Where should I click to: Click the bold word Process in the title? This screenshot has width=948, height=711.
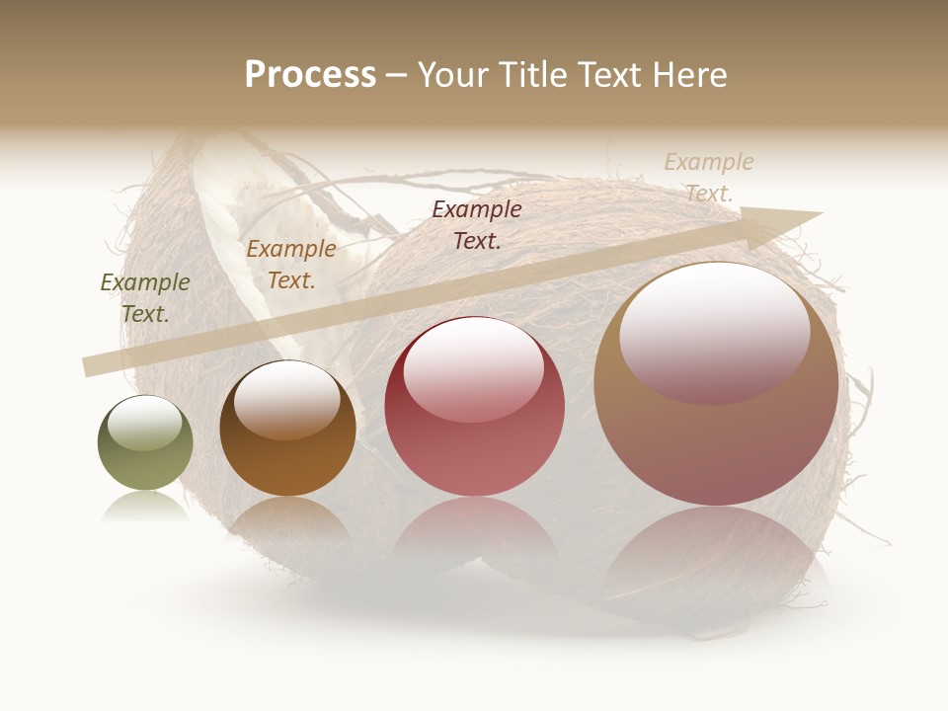[310, 75]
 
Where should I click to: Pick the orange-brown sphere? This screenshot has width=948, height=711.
[287, 429]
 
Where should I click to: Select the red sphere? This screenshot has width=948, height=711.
[474, 407]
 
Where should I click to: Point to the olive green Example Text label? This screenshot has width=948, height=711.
[145, 298]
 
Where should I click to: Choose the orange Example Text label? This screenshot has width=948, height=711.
[291, 265]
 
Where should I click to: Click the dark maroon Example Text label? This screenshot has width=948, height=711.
[477, 224]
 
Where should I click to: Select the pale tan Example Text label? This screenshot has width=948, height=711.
[709, 177]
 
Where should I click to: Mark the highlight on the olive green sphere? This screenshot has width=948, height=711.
[144, 422]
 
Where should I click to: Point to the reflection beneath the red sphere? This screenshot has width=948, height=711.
[474, 528]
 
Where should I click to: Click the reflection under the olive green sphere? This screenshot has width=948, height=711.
[145, 507]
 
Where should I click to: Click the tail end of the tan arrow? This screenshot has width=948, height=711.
[89, 366]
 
